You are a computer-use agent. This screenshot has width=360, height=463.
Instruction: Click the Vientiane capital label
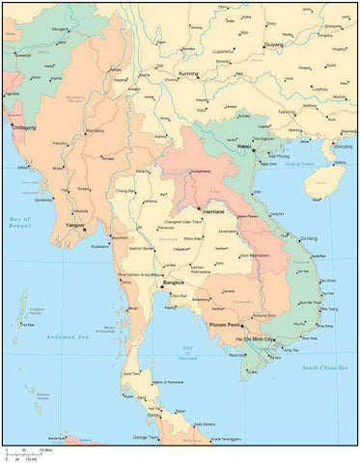pyautogui.click(x=212, y=210)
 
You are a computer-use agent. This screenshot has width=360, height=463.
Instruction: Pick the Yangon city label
pyautogui.click(x=73, y=226)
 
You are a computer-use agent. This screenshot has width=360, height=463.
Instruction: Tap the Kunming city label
pyautogui.click(x=187, y=73)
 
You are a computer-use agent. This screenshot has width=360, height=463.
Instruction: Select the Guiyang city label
pyautogui.click(x=274, y=44)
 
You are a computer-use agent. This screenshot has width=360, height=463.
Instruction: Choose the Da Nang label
pyautogui.click(x=309, y=237)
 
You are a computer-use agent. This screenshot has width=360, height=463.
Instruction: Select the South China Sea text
pyautogui.click(x=323, y=368)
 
